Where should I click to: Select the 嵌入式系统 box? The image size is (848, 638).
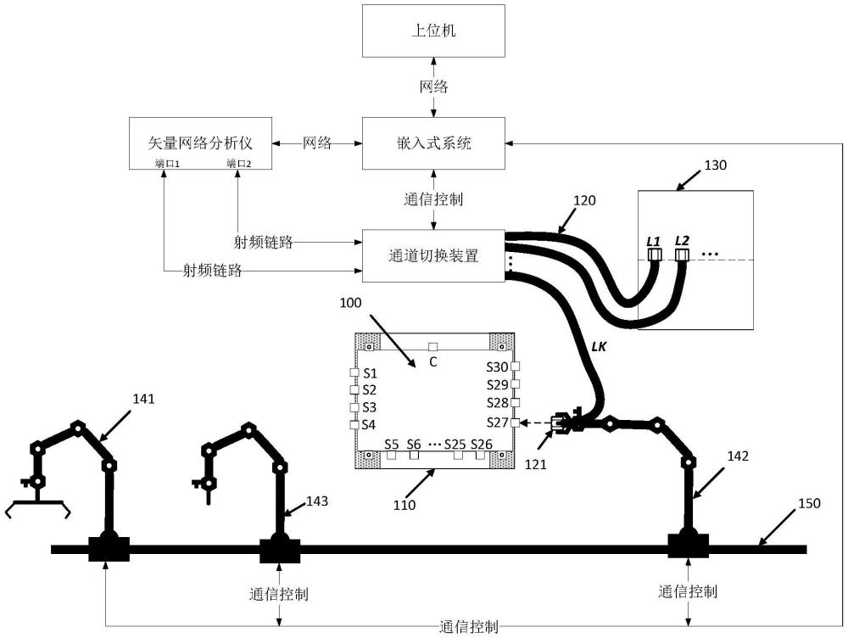click(x=433, y=143)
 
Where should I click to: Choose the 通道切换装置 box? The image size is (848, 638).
click(x=433, y=255)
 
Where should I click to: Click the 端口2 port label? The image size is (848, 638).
click(x=238, y=163)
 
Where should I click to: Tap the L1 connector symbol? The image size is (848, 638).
click(x=654, y=254)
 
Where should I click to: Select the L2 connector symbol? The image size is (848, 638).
click(x=683, y=254)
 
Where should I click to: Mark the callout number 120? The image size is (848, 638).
click(x=585, y=201)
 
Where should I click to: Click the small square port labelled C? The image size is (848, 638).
click(x=432, y=347)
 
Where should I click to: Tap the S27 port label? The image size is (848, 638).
click(x=497, y=422)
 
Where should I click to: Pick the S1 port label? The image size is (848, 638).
click(x=371, y=373)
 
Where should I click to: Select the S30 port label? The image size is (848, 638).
click(x=497, y=367)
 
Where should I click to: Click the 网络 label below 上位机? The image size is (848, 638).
click(x=434, y=87)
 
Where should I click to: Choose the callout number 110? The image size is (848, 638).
click(x=404, y=505)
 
